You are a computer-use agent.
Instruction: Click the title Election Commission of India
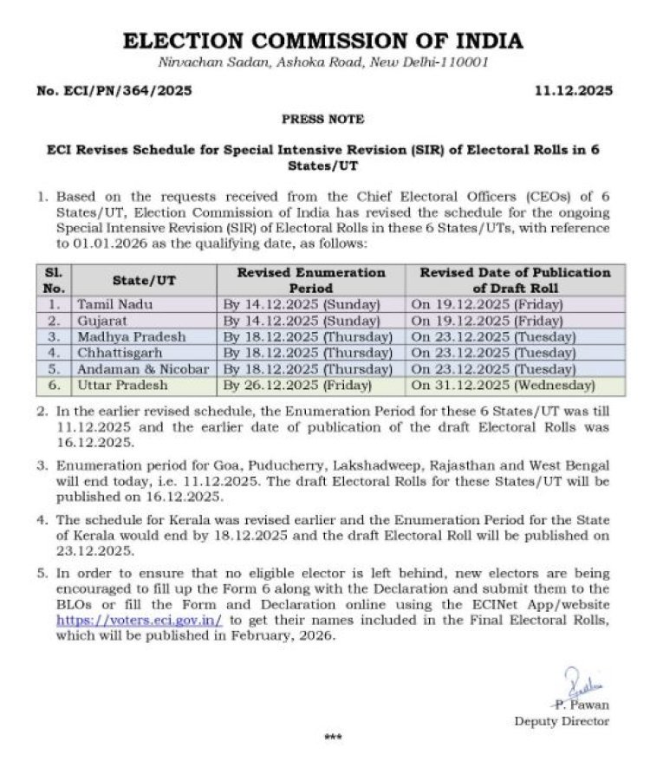[x=322, y=41]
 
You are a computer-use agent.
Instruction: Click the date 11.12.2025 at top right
[x=574, y=90]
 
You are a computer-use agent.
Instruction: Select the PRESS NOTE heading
[x=322, y=119]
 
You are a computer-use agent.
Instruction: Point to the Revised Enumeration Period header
[x=312, y=280]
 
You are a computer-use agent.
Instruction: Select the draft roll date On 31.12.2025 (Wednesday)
[x=503, y=384]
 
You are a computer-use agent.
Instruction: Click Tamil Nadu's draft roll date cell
[x=487, y=305]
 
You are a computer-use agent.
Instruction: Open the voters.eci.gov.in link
[x=140, y=621]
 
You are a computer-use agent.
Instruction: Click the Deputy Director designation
[x=562, y=721]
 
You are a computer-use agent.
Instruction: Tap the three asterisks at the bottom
[x=333, y=738]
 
